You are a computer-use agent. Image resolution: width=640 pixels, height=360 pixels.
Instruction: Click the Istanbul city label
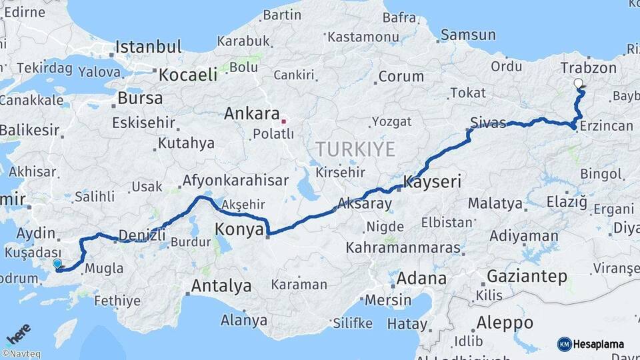[148, 47]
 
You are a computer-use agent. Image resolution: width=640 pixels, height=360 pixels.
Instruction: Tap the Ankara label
[251, 113]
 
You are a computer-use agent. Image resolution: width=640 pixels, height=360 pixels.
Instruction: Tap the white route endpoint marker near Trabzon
[578, 83]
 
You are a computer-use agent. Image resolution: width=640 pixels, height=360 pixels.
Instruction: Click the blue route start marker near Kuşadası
[57, 264]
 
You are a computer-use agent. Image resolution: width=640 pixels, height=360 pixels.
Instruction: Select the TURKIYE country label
[355, 149]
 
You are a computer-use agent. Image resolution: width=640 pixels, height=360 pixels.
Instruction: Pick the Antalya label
[221, 286]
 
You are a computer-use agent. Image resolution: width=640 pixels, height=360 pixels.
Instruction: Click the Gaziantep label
[527, 275]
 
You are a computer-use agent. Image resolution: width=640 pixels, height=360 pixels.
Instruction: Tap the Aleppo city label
[505, 323]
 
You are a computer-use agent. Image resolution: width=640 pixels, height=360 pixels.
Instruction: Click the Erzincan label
[607, 126]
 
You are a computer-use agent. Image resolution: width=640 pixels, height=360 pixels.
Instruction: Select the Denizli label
[141, 234]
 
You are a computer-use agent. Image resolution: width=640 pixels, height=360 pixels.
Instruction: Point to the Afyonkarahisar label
[235, 180]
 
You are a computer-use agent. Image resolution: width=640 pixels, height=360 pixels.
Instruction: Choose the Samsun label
[468, 35]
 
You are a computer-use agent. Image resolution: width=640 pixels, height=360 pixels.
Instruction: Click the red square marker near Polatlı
[283, 121]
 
